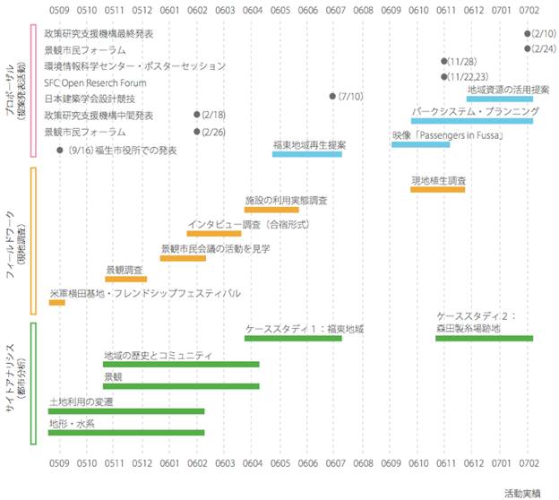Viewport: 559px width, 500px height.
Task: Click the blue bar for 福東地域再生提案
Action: pos(307,154)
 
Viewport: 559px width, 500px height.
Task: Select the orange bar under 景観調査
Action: pos(125,279)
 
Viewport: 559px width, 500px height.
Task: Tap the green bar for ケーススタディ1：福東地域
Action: pos(293,338)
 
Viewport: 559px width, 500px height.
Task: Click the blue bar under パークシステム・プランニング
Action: pos(472,121)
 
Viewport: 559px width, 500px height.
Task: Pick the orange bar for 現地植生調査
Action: pos(437,189)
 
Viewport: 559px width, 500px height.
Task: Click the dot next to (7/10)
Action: pos(332,95)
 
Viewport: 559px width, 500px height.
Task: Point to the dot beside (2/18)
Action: pos(196,115)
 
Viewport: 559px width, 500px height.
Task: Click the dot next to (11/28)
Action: pos(443,61)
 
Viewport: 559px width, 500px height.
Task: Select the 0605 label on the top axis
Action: pos(279,12)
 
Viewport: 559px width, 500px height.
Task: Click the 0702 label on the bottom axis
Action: pos(528,466)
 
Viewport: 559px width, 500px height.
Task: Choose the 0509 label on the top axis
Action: pos(58,12)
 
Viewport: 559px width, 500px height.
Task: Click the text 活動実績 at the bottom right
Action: pos(522,493)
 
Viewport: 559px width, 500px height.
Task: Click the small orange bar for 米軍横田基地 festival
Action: pos(57,303)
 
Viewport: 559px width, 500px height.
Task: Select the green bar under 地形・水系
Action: pos(126,432)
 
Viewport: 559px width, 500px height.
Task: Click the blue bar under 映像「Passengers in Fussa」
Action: pos(420,144)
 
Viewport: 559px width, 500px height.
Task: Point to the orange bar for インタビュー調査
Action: pos(214,233)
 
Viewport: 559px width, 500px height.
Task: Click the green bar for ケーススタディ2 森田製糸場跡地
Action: pos(484,338)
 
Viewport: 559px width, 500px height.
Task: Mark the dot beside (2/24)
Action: pos(527,48)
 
